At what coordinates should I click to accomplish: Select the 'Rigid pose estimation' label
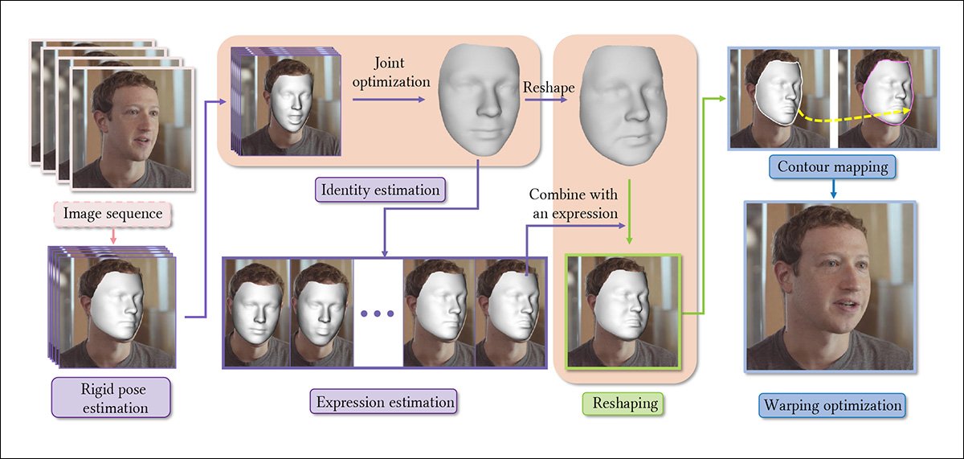click(111, 397)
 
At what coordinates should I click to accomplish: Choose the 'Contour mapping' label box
click(833, 167)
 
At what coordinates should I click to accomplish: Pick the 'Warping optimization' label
click(833, 404)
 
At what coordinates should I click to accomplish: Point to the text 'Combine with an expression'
click(573, 204)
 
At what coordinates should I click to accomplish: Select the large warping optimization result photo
click(830, 287)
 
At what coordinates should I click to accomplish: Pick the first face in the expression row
click(257, 312)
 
